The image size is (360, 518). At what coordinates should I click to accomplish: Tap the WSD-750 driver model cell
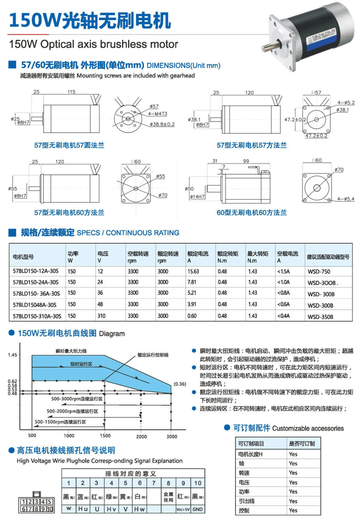(319, 272)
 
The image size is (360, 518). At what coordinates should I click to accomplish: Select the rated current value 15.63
(193, 271)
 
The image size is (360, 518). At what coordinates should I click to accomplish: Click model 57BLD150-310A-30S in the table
(37, 316)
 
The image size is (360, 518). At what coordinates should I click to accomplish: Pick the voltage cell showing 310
(102, 316)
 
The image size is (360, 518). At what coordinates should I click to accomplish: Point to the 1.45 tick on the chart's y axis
(12, 355)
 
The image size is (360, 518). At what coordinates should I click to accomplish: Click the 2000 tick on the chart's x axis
(141, 436)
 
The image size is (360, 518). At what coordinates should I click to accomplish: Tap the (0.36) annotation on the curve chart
(180, 384)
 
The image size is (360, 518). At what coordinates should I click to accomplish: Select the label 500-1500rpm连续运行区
(60, 422)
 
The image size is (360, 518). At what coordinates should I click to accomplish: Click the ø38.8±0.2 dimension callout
(162, 124)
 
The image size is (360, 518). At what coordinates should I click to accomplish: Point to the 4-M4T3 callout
(158, 114)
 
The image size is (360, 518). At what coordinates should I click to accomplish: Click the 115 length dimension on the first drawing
(71, 92)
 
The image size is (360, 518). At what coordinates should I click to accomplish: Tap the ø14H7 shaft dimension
(197, 197)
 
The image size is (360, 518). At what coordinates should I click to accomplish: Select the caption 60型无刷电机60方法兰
(252, 213)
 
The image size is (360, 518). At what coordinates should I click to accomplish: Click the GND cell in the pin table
(198, 509)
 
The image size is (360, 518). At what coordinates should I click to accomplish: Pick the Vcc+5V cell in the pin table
(183, 509)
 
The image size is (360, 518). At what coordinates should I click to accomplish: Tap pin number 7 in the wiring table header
(154, 483)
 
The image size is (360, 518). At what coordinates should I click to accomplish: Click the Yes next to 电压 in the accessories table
(293, 482)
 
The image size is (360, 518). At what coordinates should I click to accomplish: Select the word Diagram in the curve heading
(112, 334)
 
